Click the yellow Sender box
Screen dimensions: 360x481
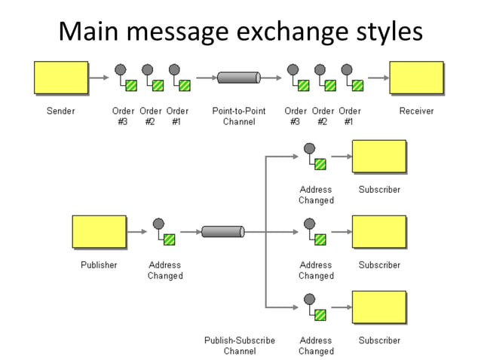click(61, 78)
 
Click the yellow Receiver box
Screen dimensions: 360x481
click(416, 78)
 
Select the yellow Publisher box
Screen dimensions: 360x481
click(99, 231)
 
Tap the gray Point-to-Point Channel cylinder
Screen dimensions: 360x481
click(238, 77)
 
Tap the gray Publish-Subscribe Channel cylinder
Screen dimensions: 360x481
click(222, 231)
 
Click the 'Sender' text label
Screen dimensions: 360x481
click(61, 111)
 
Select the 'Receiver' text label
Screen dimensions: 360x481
click(416, 111)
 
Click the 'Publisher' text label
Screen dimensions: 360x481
click(99, 265)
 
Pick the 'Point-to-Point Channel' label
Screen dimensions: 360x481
click(238, 116)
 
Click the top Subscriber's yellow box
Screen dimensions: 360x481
click(379, 157)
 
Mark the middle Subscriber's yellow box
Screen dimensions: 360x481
click(379, 231)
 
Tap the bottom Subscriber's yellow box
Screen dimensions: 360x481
click(379, 307)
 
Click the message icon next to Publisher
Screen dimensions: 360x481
click(164, 231)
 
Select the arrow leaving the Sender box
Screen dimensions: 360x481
click(99, 77)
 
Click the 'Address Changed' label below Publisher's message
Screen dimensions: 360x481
click(164, 270)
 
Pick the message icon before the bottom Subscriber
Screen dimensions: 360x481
click(314, 307)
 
